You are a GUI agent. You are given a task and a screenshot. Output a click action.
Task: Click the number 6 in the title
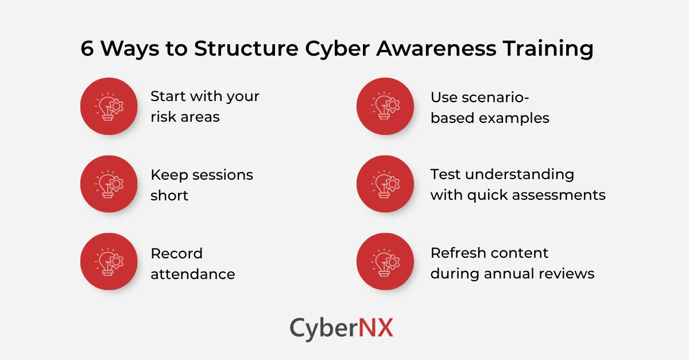pyautogui.click(x=87, y=49)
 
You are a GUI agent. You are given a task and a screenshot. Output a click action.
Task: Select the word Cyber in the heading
pyautogui.click(x=339, y=49)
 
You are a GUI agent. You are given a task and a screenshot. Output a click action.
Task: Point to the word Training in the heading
pyautogui.click(x=548, y=49)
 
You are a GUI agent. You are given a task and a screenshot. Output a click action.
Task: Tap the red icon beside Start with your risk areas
pyautogui.click(x=109, y=106)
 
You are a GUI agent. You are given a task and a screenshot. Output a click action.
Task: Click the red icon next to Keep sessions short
pyautogui.click(x=109, y=184)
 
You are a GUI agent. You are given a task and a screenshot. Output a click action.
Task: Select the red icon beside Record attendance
pyautogui.click(x=109, y=262)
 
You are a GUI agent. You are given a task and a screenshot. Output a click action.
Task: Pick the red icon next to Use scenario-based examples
pyautogui.click(x=385, y=106)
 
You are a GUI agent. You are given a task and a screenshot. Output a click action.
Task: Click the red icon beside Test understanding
pyautogui.click(x=385, y=184)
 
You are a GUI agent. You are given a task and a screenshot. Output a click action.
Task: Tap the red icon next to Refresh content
pyautogui.click(x=385, y=262)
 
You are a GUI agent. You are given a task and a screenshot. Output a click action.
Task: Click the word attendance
pyautogui.click(x=193, y=274)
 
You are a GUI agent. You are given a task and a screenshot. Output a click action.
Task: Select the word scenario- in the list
pyautogui.click(x=479, y=96)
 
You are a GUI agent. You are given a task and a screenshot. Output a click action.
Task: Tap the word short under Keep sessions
pyautogui.click(x=169, y=195)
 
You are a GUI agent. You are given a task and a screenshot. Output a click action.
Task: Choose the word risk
pyautogui.click(x=162, y=117)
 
